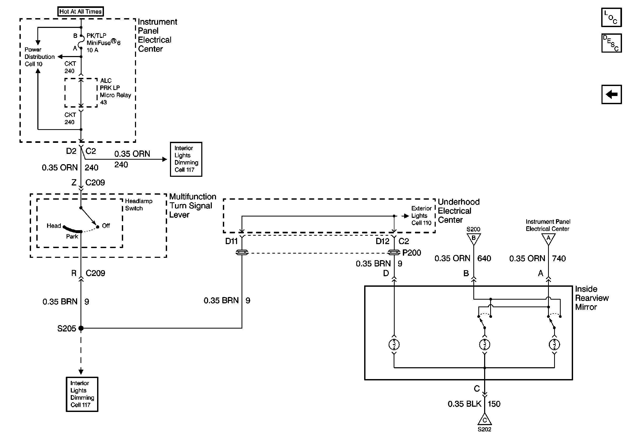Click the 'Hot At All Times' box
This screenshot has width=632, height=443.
click(80, 12)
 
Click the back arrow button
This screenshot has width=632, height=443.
click(611, 94)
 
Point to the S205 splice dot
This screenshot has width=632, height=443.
click(81, 328)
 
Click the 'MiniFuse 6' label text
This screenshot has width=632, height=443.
click(103, 43)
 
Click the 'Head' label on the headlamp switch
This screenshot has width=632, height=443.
click(54, 226)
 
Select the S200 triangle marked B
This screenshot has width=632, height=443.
click(473, 239)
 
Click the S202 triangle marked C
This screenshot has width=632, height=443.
click(484, 420)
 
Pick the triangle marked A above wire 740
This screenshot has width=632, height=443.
click(548, 239)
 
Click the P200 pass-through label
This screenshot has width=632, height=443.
click(412, 253)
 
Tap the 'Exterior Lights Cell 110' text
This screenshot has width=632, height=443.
click(422, 216)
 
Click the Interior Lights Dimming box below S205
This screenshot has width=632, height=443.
click(82, 394)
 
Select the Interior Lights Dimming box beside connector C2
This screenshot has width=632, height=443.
click(186, 159)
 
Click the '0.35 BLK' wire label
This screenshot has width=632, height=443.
click(464, 404)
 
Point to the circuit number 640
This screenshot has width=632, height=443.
click(484, 258)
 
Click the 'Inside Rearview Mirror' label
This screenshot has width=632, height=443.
click(591, 298)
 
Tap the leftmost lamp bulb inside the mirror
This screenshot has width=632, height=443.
click(394, 344)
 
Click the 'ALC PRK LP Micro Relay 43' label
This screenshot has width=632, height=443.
click(115, 91)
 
